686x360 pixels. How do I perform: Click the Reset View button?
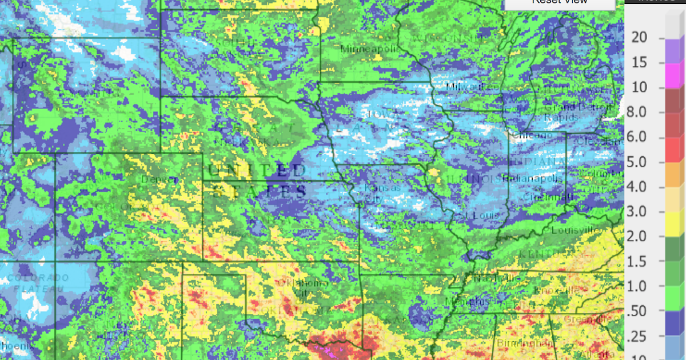click(559, 3)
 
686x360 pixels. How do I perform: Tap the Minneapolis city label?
click(368, 49)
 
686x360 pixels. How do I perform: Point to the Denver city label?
click(155, 178)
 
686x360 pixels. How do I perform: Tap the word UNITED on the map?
click(257, 170)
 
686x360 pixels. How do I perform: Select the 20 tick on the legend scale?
click(640, 37)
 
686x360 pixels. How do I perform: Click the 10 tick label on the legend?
click(640, 87)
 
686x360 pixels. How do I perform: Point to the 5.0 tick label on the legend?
click(640, 162)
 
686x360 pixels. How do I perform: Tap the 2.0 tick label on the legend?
click(640, 237)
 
